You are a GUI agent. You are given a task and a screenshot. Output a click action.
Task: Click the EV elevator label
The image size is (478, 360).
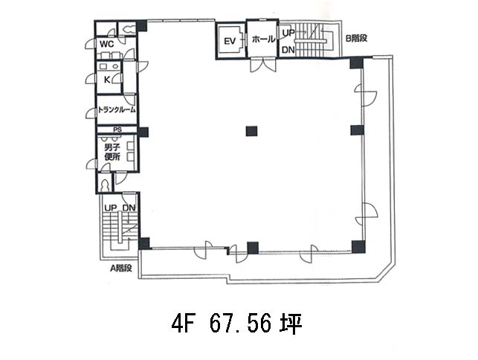point(230,41)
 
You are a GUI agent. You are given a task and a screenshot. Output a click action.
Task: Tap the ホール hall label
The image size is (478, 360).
point(264,39)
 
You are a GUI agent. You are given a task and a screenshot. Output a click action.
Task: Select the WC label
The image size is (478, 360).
point(107,44)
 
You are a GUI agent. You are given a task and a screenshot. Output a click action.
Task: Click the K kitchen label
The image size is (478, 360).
point(107,80)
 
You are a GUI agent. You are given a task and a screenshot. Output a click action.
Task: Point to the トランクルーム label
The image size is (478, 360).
point(117,109)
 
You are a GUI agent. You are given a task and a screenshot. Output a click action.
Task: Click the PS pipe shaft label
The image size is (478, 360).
point(117,129)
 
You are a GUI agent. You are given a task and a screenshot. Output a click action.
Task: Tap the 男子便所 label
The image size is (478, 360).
point(112,152)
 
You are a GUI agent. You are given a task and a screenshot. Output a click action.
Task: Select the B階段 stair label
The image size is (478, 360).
point(356,38)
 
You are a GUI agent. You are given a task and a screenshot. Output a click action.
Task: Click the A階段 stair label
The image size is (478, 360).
point(121,269)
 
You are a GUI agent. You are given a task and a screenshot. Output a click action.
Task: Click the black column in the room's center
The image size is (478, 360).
point(251,131)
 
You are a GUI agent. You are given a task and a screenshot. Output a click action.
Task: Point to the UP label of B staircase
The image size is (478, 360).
point(288,33)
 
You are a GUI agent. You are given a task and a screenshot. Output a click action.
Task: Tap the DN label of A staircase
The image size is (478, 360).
point(129,208)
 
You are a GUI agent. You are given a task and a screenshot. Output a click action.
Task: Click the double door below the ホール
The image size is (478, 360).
point(262,65)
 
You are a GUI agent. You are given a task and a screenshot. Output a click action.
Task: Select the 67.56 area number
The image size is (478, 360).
point(240,324)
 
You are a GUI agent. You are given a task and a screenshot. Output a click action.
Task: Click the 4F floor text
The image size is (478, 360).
point(183,324)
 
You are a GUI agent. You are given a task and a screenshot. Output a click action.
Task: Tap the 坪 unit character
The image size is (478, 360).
point(291,324)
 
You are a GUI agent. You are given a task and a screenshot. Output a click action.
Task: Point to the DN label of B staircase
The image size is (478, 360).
point(288,50)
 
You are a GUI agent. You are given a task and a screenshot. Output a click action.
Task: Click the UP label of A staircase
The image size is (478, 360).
point(110,208)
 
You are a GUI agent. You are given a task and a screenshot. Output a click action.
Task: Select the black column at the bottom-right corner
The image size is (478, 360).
point(358,247)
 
